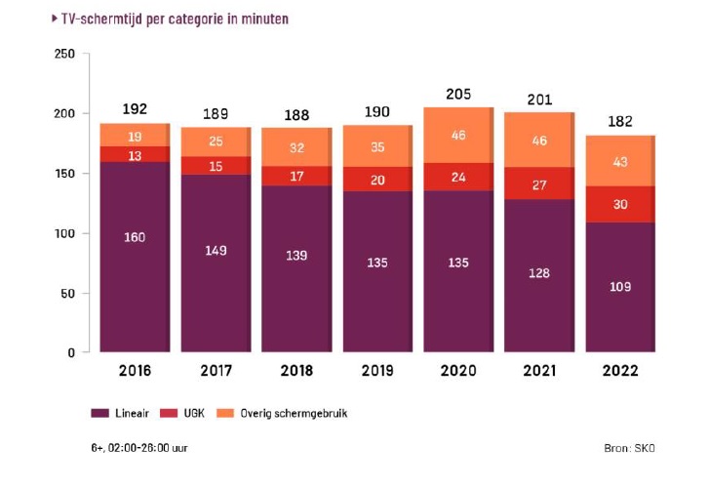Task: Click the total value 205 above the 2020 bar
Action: (x=458, y=95)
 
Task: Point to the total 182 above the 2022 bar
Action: (x=620, y=122)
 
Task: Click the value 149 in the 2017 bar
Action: (x=217, y=251)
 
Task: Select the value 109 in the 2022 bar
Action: (x=620, y=287)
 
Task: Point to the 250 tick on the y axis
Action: (x=64, y=55)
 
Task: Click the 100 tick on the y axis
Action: (x=64, y=234)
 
